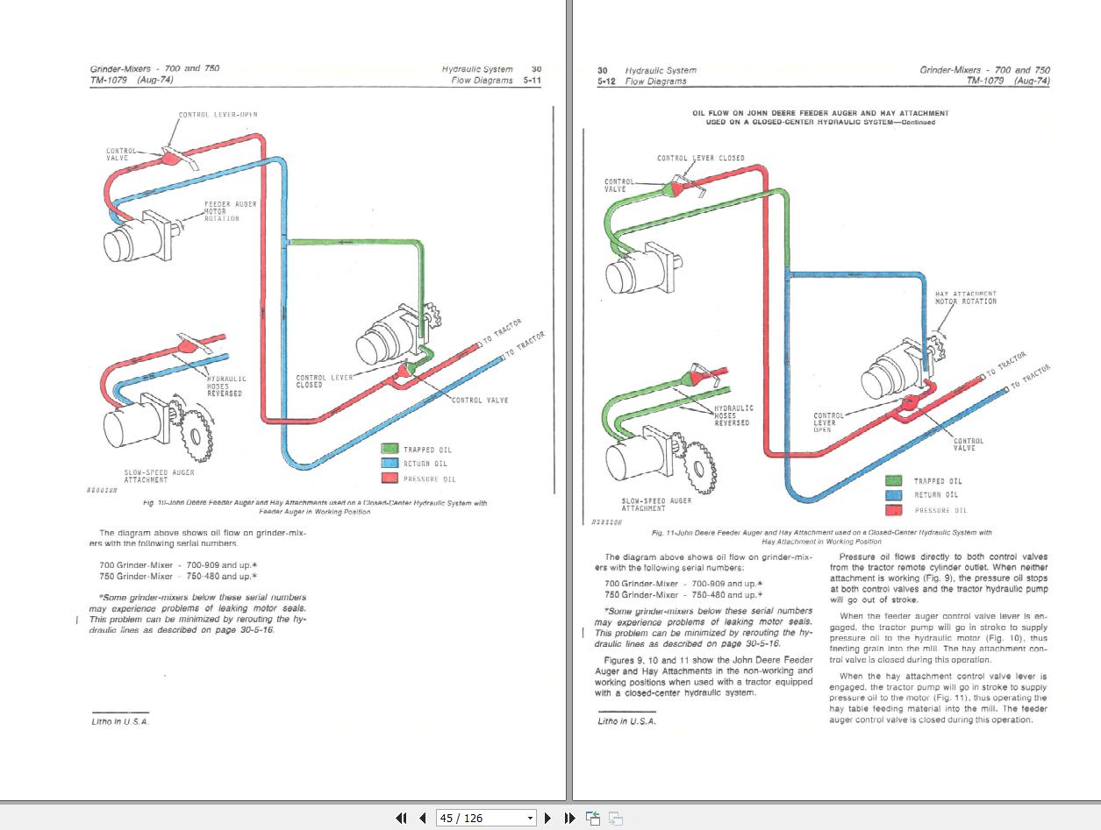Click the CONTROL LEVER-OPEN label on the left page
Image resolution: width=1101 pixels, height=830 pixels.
click(x=218, y=114)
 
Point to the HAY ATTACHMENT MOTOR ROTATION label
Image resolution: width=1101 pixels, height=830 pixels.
click(x=965, y=297)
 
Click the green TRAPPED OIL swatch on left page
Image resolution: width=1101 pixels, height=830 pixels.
click(x=390, y=449)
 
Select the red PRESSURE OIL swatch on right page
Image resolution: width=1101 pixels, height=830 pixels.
click(x=894, y=509)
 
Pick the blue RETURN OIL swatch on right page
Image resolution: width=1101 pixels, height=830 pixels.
click(x=894, y=495)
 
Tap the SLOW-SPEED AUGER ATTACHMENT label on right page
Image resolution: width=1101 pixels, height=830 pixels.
click(x=656, y=504)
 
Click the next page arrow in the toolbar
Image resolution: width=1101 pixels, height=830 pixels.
click(x=547, y=818)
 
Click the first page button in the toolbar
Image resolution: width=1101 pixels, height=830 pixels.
click(x=401, y=818)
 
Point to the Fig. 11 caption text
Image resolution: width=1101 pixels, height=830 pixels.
click(x=821, y=536)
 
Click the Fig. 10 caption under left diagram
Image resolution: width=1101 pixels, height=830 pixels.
click(x=314, y=507)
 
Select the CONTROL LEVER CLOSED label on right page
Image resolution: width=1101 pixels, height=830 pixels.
click(x=700, y=158)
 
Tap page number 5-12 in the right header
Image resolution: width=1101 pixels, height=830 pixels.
click(x=606, y=81)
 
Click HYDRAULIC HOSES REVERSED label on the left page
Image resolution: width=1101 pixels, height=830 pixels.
click(x=225, y=386)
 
